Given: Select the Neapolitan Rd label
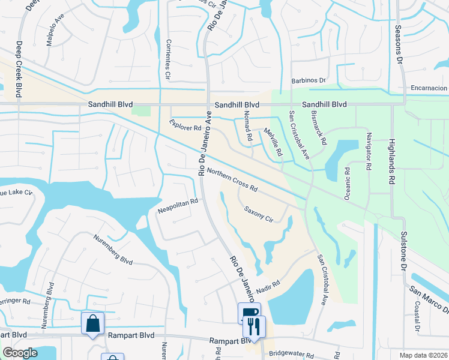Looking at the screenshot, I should click(178, 206).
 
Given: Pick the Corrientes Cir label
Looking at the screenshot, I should click(167, 60).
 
